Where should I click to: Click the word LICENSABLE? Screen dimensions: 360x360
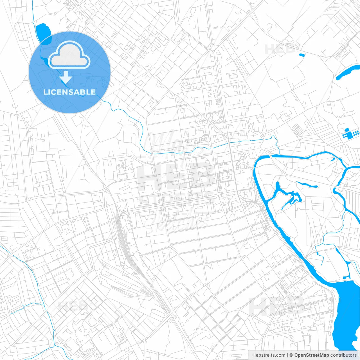(x=69, y=92)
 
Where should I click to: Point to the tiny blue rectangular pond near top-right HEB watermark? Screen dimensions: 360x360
(x=302, y=55)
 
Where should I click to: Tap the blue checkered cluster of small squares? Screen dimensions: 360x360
(x=350, y=134)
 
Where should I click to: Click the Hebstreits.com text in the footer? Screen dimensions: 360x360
(x=269, y=355)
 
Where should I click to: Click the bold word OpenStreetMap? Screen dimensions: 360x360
(x=311, y=355)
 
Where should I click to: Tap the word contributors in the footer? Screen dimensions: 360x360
(x=343, y=355)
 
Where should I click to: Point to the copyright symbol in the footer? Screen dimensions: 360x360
(x=291, y=355)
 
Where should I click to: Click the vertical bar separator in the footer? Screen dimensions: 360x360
(x=287, y=355)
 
